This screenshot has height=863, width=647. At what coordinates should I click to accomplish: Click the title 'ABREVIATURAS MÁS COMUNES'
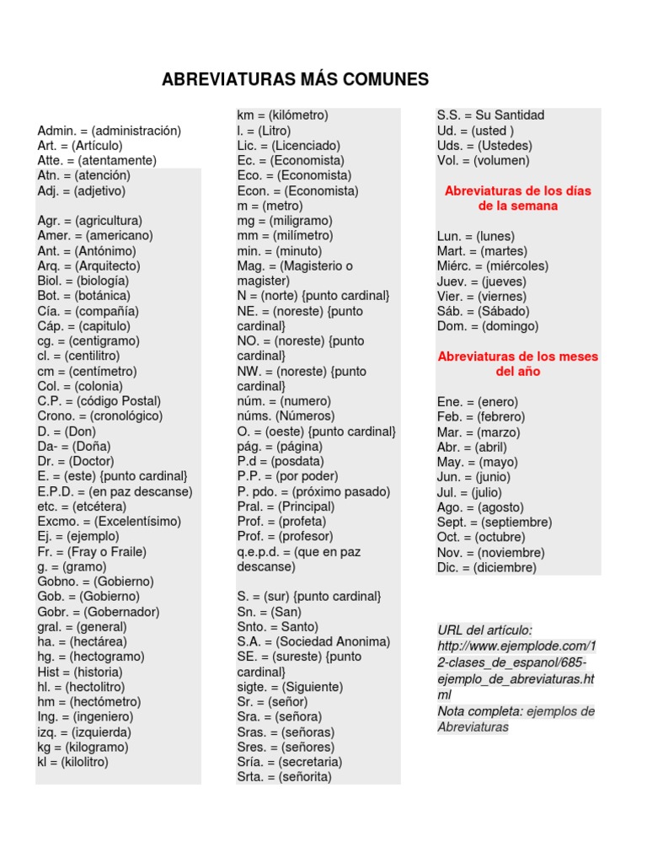[295, 80]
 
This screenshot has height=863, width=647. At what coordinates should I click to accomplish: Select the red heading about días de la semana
[517, 198]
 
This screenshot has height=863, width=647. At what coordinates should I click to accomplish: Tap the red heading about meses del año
[517, 363]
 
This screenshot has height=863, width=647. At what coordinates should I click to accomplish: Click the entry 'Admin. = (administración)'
[110, 131]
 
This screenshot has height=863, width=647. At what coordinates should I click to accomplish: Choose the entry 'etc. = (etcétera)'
[82, 507]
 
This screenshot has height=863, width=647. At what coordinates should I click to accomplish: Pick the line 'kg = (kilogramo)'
[83, 748]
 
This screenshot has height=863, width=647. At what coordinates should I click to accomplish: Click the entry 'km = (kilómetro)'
[282, 115]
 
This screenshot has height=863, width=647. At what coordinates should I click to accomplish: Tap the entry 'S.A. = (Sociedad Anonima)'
[313, 641]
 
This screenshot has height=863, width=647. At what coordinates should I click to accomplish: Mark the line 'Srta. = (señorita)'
[284, 777]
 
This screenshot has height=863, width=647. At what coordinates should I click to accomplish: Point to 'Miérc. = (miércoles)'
[492, 266]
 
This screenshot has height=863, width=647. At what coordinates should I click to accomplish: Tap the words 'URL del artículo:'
[484, 630]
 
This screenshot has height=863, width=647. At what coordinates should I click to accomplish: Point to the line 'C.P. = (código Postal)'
[99, 401]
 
